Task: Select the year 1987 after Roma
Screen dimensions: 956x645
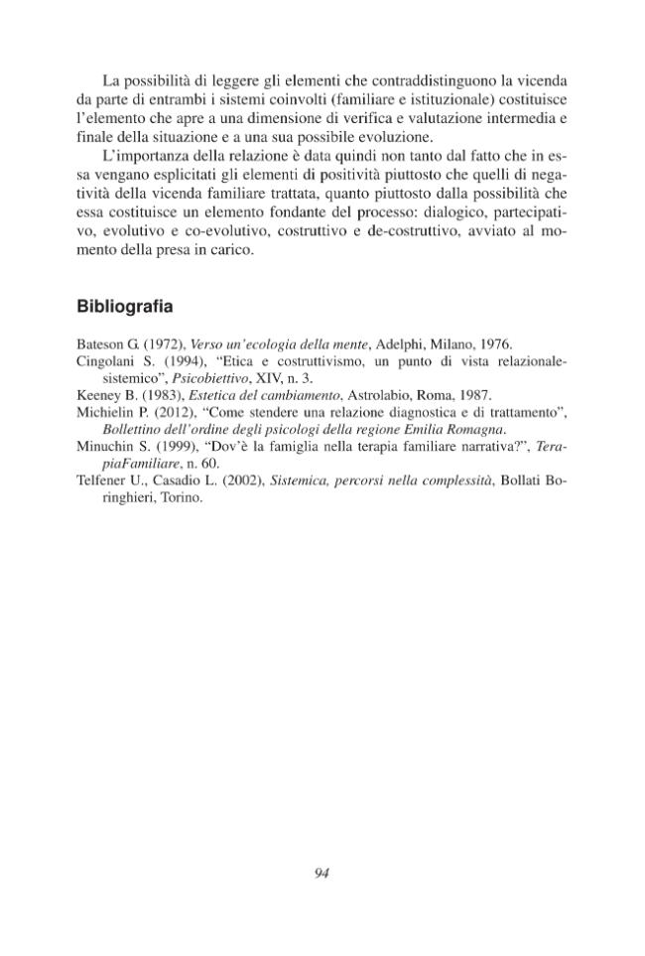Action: (x=471, y=395)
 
